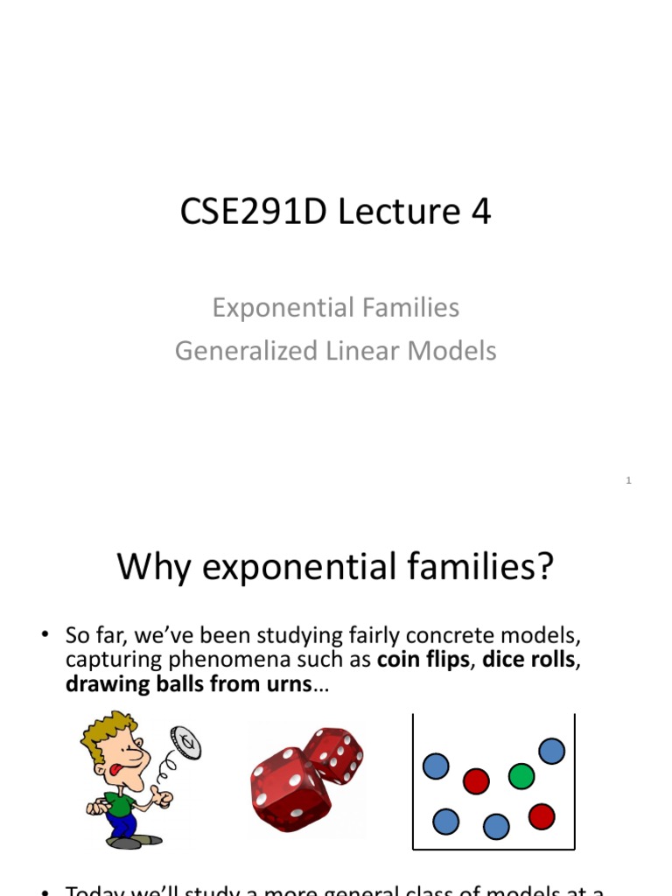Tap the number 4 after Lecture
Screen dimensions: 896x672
coord(479,213)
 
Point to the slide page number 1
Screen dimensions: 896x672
coord(628,479)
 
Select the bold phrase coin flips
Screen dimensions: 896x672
coord(423,660)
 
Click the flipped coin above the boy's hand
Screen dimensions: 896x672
coord(185,743)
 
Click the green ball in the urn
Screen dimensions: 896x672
coord(521,775)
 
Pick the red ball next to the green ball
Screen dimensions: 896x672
coord(476,780)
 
